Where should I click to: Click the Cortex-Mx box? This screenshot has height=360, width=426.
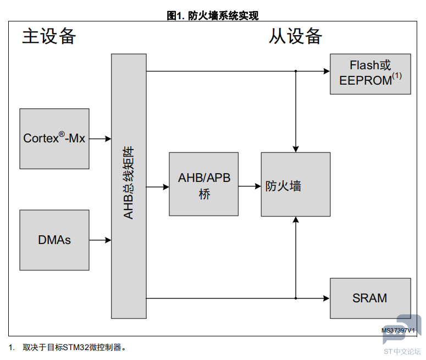pyautogui.click(x=54, y=139)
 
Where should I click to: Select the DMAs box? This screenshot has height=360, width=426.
pyautogui.click(x=54, y=240)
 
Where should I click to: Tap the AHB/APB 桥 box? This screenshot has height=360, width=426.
pyautogui.click(x=204, y=184)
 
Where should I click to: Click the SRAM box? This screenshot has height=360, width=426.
pyautogui.click(x=370, y=298)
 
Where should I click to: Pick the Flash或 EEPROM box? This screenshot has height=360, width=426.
pyautogui.click(x=370, y=74)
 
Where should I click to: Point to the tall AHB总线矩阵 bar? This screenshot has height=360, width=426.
pyautogui.click(x=129, y=186)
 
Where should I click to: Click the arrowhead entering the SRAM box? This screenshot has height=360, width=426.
pyautogui.click(x=327, y=298)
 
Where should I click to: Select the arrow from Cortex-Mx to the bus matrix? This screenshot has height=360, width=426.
pyautogui.click(x=100, y=139)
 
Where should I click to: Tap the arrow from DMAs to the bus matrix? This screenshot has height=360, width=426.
pyautogui.click(x=100, y=240)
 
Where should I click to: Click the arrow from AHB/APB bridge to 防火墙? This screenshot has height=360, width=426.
pyautogui.click(x=250, y=186)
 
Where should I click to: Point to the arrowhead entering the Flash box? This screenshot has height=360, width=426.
pyautogui.click(x=327, y=71)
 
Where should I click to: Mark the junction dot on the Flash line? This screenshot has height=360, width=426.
pyautogui.click(x=296, y=71)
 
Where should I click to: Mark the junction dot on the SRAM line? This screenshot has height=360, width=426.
pyautogui.click(x=296, y=298)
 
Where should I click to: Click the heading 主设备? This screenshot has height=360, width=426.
pyautogui.click(x=49, y=36)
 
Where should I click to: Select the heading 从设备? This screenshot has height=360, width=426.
pyautogui.click(x=295, y=36)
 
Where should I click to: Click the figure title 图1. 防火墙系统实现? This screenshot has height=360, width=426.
pyautogui.click(x=213, y=16)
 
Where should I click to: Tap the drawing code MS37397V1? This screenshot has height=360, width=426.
pyautogui.click(x=398, y=330)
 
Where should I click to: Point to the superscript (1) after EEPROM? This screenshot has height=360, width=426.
pyautogui.click(x=397, y=75)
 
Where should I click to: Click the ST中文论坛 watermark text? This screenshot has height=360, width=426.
pyautogui.click(x=402, y=352)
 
